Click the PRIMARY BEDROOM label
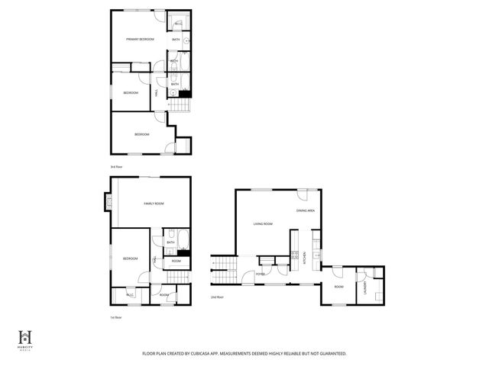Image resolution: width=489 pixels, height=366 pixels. click(140, 39)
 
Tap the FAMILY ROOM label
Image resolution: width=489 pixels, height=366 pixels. click(154, 204)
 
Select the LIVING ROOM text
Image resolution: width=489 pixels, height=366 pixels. click(264, 223)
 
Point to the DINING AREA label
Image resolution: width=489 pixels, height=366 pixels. click(306, 210)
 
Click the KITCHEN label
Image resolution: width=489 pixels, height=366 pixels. click(305, 258)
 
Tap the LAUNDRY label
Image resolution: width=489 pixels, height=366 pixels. click(365, 287)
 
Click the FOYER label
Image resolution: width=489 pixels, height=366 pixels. click(261, 273)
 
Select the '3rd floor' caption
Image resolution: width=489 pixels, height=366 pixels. click(116, 166)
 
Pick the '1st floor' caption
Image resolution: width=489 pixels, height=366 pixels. click(115, 316)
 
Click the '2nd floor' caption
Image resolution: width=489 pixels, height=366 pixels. click(217, 297)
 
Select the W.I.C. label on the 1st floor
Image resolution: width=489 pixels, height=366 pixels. click(130, 294)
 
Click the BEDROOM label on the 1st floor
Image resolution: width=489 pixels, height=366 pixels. click(130, 258)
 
